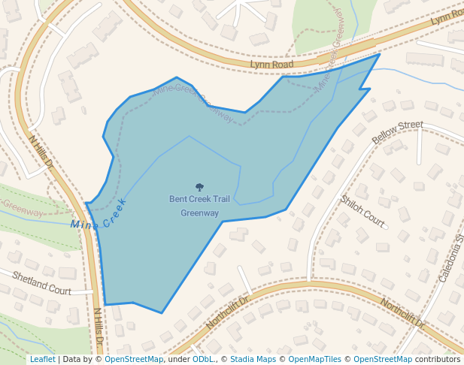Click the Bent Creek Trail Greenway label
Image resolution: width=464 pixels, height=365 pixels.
click(x=199, y=206)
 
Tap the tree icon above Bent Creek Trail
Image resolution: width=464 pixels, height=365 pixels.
click(x=199, y=187)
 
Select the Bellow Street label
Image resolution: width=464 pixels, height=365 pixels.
click(x=397, y=132)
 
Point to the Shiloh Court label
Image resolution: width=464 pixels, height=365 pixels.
click(x=362, y=211)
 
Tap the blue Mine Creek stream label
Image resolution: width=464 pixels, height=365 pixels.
click(x=99, y=215)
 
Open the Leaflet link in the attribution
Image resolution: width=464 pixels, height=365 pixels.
click(x=42, y=359)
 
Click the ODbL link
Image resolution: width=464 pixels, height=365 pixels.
click(x=203, y=359)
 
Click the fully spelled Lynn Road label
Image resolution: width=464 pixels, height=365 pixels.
click(x=271, y=65)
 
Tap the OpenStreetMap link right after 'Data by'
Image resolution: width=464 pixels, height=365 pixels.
click(x=134, y=359)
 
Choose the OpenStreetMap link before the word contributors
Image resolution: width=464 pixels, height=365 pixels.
click(x=383, y=359)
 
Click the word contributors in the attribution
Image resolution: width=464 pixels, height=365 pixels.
click(x=438, y=359)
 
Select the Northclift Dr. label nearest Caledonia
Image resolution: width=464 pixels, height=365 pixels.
click(x=402, y=314)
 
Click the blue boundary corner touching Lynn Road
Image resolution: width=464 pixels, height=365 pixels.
click(x=379, y=54)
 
